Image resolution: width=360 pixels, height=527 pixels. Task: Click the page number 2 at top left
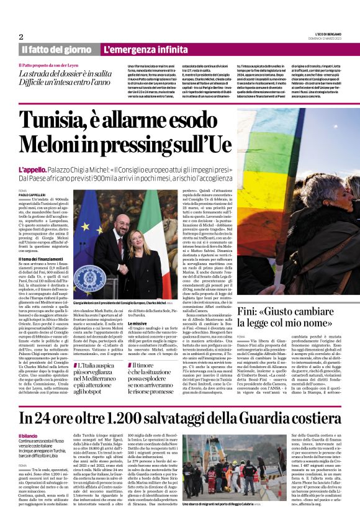point(21,37)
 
